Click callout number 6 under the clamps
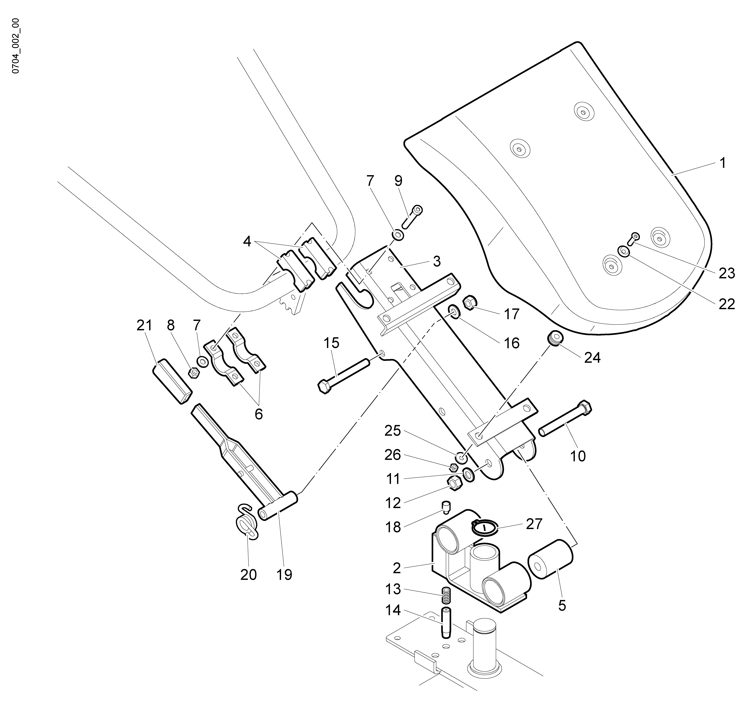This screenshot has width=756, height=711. pos(259,414)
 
